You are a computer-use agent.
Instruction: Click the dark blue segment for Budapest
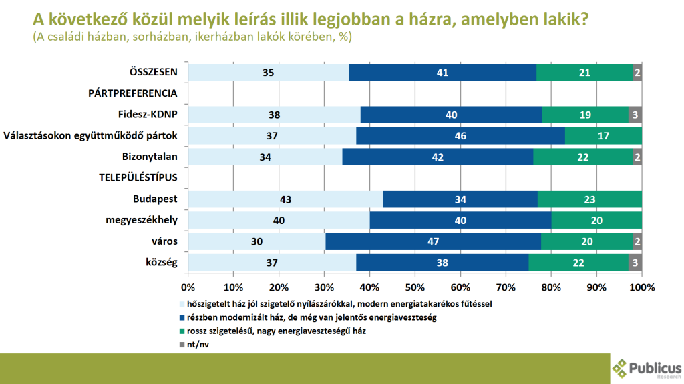[x=460, y=199]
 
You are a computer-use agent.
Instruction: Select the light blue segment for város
[x=256, y=241]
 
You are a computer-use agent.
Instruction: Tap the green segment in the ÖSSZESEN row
[x=584, y=73]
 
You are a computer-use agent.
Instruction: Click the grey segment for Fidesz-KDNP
[x=635, y=115]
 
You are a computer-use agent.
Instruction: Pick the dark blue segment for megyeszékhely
[x=460, y=220]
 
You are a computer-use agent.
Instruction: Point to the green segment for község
[x=578, y=263]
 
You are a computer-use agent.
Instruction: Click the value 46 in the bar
[x=460, y=136]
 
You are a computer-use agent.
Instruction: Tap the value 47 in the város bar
[x=433, y=241]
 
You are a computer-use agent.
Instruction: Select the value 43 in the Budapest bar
[x=286, y=199]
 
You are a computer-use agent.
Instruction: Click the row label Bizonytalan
[x=151, y=157]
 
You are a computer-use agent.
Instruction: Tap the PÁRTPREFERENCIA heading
[x=132, y=93]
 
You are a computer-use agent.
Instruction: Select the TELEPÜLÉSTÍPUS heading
[x=138, y=178]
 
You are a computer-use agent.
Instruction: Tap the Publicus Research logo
[x=647, y=368]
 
